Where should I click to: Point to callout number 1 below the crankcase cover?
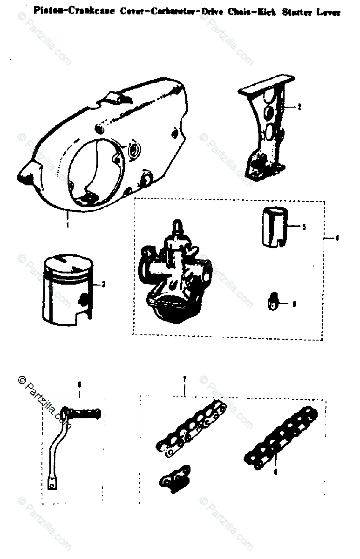coord(68,225)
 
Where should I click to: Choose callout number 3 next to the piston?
coord(102,283)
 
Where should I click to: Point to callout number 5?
coord(304,227)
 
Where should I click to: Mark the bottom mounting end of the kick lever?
coord(52,484)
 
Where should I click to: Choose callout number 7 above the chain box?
coord(184,380)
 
